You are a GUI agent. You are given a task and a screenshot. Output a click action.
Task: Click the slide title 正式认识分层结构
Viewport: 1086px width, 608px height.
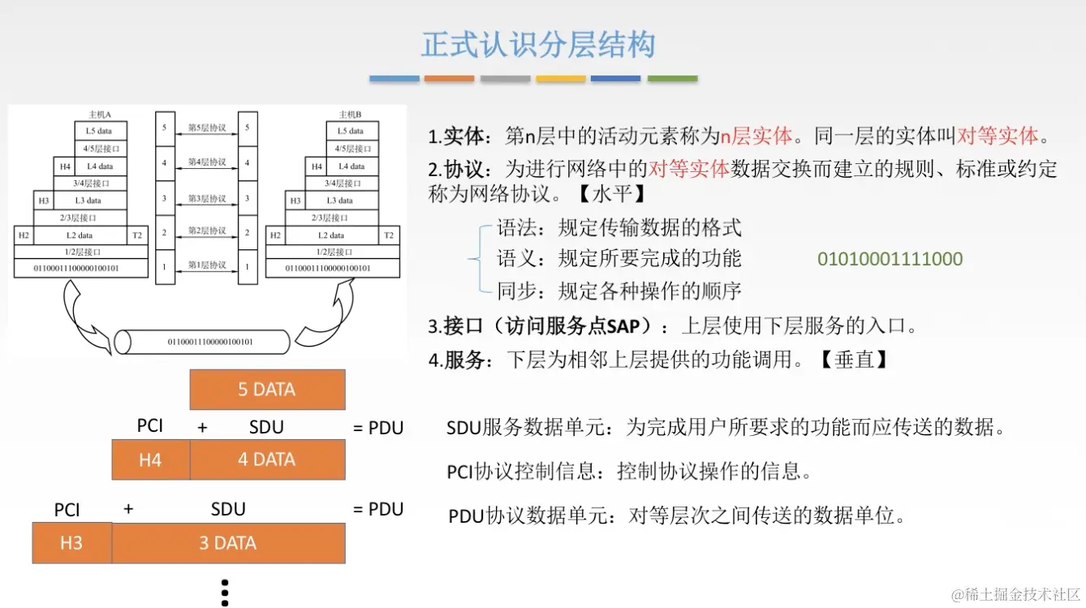click(537, 45)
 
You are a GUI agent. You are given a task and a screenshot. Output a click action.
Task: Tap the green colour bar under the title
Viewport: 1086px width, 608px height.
click(672, 79)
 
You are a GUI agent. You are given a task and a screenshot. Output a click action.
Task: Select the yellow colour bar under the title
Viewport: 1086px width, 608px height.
click(561, 79)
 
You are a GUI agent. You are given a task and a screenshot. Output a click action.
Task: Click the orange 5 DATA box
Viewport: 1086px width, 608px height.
click(267, 390)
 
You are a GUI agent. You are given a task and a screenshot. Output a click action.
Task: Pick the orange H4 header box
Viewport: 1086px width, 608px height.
click(150, 460)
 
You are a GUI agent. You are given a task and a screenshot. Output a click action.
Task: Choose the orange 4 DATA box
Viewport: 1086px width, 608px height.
click(267, 460)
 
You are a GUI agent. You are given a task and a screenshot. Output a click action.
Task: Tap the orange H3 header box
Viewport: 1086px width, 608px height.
click(71, 543)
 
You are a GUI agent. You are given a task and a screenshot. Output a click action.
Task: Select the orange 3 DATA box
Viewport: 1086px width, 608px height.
click(228, 543)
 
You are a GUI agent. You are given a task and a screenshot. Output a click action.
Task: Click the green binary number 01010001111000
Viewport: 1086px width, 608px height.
click(890, 260)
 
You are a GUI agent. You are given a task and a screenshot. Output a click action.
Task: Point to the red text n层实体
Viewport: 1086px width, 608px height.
click(756, 135)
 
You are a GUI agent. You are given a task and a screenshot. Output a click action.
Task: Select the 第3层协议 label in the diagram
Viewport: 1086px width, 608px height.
click(207, 199)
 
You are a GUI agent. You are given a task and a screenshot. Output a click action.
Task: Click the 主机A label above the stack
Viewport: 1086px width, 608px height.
click(100, 114)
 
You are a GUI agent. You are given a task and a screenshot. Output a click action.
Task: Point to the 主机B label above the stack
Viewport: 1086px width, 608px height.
click(350, 114)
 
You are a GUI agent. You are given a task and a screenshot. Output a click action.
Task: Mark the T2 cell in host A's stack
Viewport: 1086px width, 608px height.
click(137, 235)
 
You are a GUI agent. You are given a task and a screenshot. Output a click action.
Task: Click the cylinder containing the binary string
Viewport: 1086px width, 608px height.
click(203, 342)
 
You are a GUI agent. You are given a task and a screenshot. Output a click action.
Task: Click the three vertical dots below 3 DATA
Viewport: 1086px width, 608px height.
click(226, 593)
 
